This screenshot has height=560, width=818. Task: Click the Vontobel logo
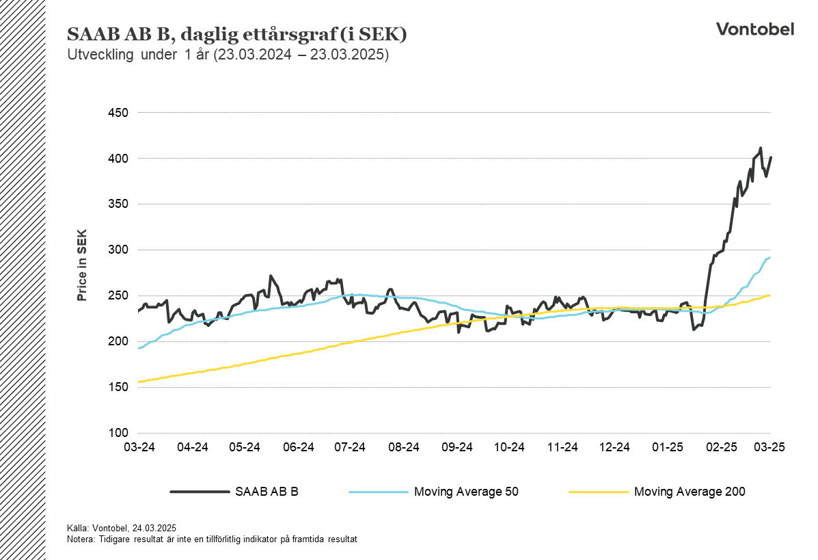point(754,29)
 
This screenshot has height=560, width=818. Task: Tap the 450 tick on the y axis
point(119,113)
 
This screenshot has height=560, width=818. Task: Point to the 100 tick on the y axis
point(119,433)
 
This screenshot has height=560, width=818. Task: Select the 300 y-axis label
point(119,250)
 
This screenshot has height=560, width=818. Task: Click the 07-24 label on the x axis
point(350,448)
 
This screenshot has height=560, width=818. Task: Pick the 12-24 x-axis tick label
point(614,448)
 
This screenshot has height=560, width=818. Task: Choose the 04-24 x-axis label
point(192,448)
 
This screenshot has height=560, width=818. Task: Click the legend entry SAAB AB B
point(267,491)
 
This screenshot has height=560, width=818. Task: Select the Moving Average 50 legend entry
point(466,491)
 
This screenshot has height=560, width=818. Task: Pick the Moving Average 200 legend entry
point(689,491)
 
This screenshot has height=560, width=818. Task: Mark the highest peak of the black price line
point(760,148)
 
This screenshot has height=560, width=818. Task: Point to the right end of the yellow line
point(770,295)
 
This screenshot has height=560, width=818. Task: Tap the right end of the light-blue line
point(770,258)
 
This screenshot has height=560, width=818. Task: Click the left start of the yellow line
point(139,382)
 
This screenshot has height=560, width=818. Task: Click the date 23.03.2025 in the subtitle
point(349,55)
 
